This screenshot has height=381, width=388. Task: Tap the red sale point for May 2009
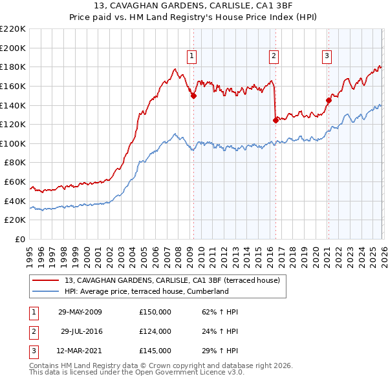tap(193, 96)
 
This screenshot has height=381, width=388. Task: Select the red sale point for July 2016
tap(275, 119)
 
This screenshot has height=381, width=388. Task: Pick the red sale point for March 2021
tap(328, 100)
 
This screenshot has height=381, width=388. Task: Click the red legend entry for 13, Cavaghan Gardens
tap(172, 281)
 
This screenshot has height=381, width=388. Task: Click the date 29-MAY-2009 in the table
tap(80, 312)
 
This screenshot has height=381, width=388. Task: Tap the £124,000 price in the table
tap(155, 331)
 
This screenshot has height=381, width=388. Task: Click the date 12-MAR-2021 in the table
tap(80, 351)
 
